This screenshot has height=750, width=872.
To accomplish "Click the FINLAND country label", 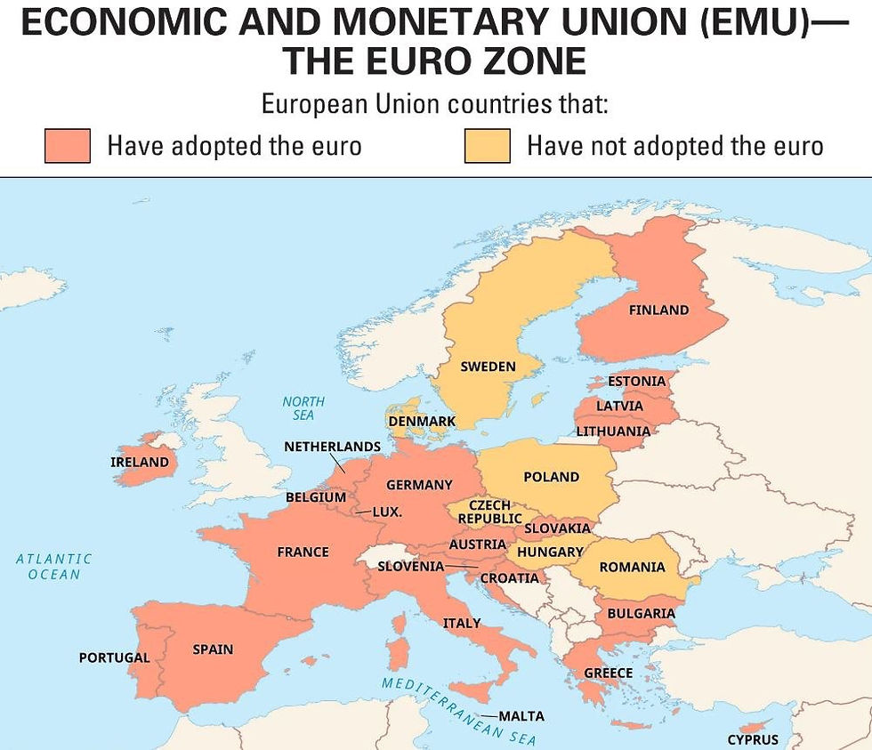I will click(x=658, y=310).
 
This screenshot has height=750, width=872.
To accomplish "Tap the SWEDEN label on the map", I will click(x=488, y=367).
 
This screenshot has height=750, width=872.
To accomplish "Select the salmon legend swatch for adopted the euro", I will click(x=68, y=146).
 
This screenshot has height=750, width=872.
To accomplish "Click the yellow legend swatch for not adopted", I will click(x=487, y=146).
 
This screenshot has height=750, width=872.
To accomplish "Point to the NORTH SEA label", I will click(x=303, y=408).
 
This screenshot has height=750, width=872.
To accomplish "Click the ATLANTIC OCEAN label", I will click(x=54, y=567).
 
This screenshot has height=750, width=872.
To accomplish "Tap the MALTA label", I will click(x=521, y=716).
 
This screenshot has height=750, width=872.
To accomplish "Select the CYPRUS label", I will click(x=753, y=739).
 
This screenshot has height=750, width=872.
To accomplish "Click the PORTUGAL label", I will click(x=114, y=657).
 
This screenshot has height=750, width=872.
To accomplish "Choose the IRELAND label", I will click(x=140, y=462).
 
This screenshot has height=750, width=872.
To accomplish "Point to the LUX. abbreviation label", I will click(x=387, y=512).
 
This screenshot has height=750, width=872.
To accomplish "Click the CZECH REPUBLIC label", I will click(x=489, y=512).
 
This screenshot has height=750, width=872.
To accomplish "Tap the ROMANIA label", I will click(x=632, y=567).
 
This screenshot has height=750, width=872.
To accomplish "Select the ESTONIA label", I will click(x=636, y=382).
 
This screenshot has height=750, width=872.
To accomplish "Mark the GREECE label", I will click(x=609, y=673).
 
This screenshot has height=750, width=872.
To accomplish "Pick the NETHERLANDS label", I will click(x=333, y=446).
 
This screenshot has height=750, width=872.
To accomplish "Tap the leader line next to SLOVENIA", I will click(x=461, y=566).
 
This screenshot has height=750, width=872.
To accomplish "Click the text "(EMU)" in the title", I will click(x=754, y=22).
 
